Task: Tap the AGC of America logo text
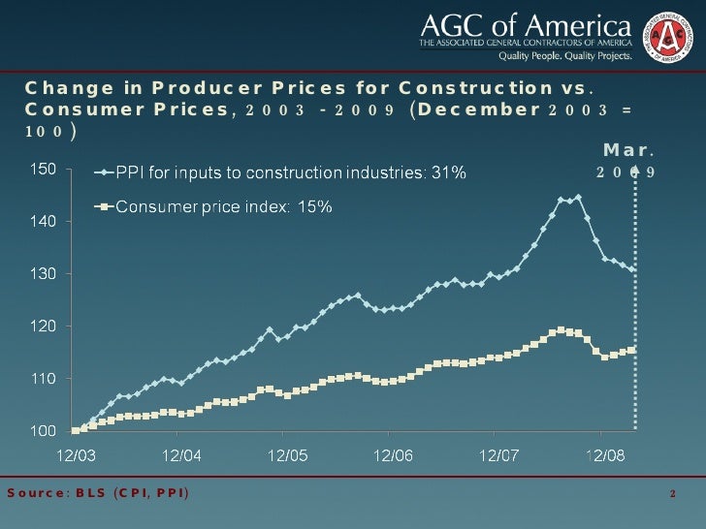(x=525, y=23)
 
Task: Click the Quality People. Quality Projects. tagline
(x=565, y=56)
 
